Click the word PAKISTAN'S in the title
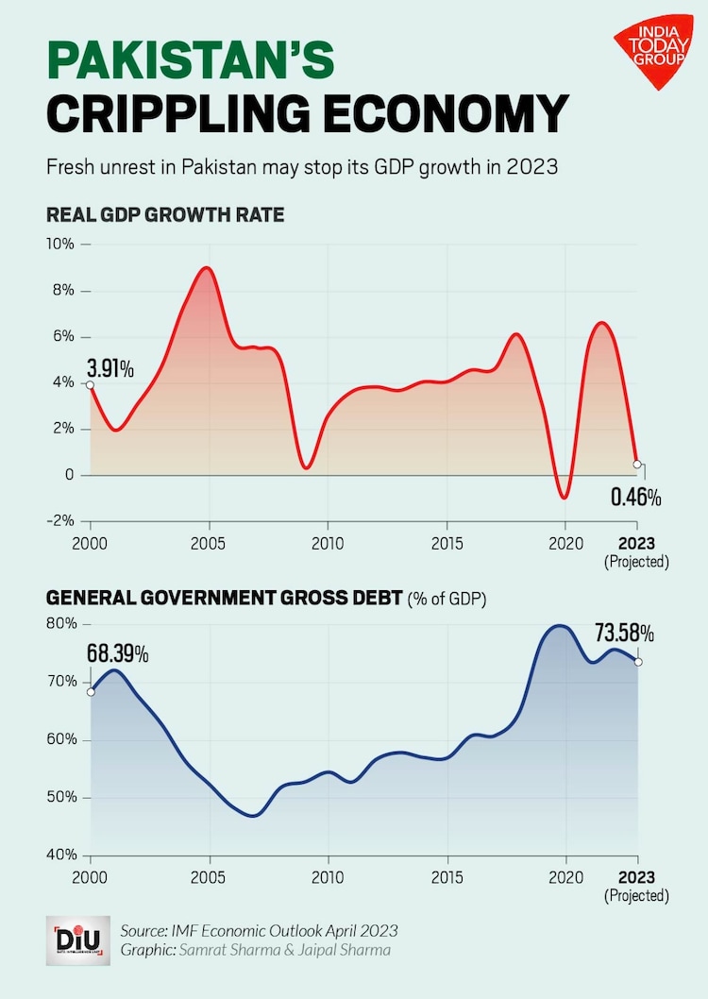tap(190, 59)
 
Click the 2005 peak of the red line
tap(208, 268)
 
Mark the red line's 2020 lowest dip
tap(565, 497)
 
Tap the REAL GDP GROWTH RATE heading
tap(165, 215)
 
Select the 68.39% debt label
tap(118, 653)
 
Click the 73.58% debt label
tap(624, 633)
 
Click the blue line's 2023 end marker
tap(637, 662)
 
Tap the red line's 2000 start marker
tap(90, 384)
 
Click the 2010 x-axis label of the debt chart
tap(328, 877)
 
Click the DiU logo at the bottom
tap(76, 940)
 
